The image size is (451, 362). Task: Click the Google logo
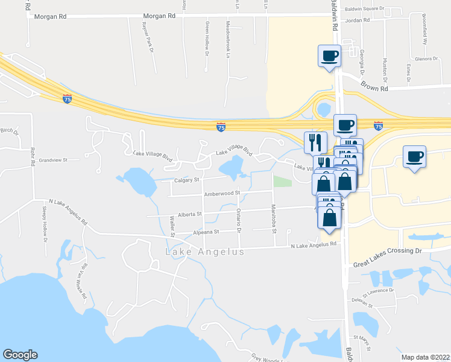(20, 355)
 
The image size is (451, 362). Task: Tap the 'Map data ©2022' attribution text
(425, 357)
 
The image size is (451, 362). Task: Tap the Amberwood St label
(221, 194)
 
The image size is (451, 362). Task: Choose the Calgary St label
(187, 179)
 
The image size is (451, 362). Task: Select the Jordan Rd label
(357, 20)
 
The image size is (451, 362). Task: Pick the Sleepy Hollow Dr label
(45, 221)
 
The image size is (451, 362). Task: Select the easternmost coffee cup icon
(414, 157)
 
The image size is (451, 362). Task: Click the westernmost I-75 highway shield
(67, 98)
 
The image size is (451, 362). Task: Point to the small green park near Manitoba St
(281, 180)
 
